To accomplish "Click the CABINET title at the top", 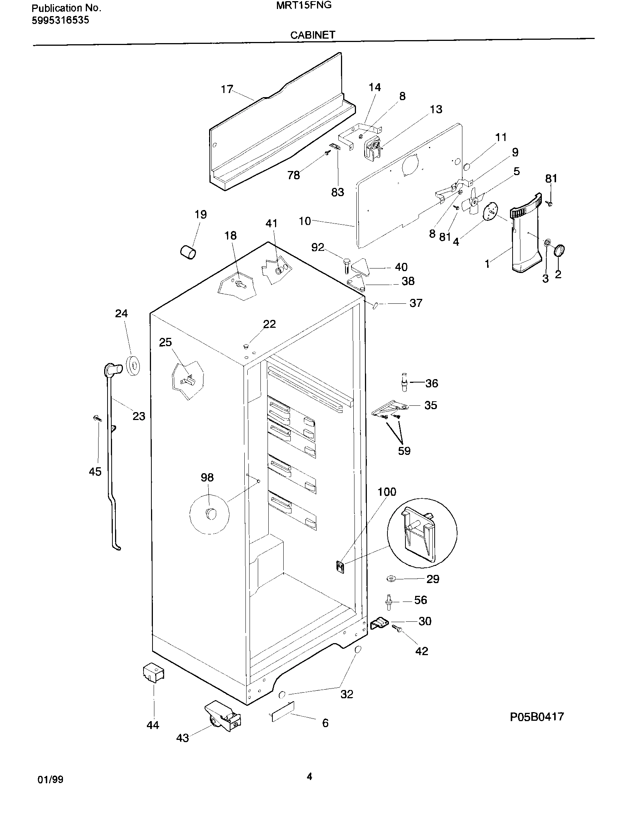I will click(x=313, y=35).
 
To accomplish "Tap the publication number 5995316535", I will click(x=60, y=20).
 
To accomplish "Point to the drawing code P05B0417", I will click(x=537, y=717).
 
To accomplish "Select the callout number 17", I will click(x=227, y=89).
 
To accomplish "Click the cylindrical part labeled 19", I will click(x=188, y=252).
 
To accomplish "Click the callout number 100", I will click(x=387, y=492).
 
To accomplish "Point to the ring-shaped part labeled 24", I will click(x=133, y=365).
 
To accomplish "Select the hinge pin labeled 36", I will click(x=405, y=382).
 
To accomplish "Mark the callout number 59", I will click(x=404, y=451).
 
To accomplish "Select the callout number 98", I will click(x=207, y=477).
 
